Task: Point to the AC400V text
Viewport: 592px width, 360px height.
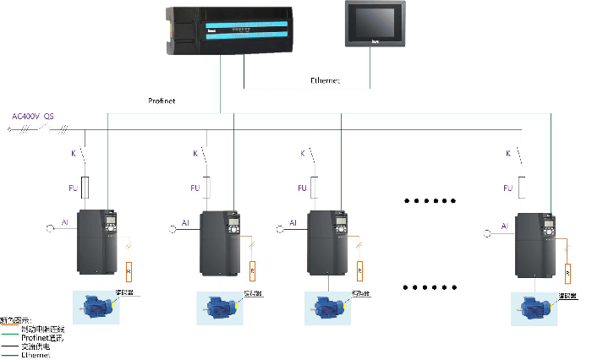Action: [25, 116]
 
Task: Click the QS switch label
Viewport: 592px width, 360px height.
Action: [49, 116]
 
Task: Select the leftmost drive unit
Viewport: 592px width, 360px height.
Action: [100, 242]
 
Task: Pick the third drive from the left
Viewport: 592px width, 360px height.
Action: [328, 246]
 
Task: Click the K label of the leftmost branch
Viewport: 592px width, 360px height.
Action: [73, 153]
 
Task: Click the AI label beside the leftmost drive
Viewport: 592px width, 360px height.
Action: [64, 223]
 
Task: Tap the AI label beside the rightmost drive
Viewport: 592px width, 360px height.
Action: [504, 226]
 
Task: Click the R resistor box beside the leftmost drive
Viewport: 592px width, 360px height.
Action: [129, 271]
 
